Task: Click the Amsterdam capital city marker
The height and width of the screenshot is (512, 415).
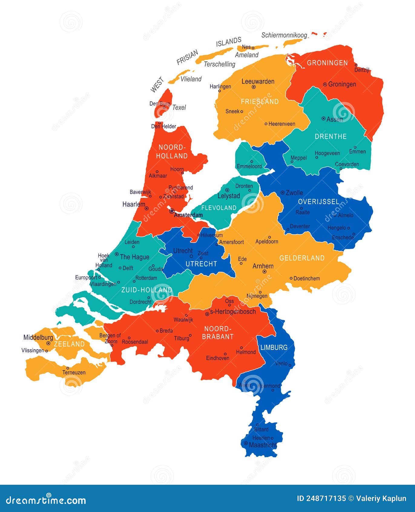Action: tap(172, 211)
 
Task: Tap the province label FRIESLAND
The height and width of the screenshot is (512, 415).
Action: tap(260, 101)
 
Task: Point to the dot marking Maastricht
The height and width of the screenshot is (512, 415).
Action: tap(246, 443)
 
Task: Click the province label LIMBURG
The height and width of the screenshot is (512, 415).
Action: tap(274, 347)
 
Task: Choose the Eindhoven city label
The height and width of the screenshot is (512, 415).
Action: tap(218, 358)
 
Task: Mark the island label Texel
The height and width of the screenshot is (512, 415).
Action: tap(179, 107)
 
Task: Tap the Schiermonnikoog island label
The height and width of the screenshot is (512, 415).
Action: tap(284, 35)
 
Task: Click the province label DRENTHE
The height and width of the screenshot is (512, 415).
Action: tap(331, 136)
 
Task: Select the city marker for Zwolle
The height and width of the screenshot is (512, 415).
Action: tap(282, 192)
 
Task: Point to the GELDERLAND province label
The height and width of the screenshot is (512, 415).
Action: tap(302, 258)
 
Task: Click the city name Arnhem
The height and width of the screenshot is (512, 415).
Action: tap(263, 266)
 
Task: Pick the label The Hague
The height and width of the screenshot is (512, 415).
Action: tap(134, 257)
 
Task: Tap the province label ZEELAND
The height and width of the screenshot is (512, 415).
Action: tap(69, 344)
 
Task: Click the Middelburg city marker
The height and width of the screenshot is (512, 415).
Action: tap(48, 343)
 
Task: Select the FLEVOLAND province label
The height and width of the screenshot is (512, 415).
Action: tap(219, 208)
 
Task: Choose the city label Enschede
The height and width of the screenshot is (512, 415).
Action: tap(343, 237)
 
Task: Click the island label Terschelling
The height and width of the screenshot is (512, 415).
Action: tap(219, 64)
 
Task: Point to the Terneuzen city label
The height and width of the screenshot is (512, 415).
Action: tap(74, 372)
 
